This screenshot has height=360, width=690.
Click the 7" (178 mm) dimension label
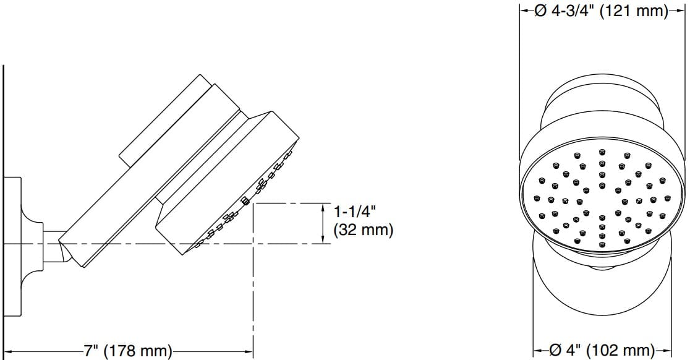click(x=128, y=351)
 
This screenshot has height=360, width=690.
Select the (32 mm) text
click(x=363, y=231)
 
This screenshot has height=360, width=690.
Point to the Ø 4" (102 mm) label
click(x=601, y=351)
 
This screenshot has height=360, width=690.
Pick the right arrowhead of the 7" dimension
click(x=249, y=351)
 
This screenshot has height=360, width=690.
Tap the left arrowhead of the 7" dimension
click(x=8, y=351)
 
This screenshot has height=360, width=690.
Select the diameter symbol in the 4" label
click(x=555, y=351)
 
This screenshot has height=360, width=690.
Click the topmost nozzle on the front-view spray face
click(x=602, y=152)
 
